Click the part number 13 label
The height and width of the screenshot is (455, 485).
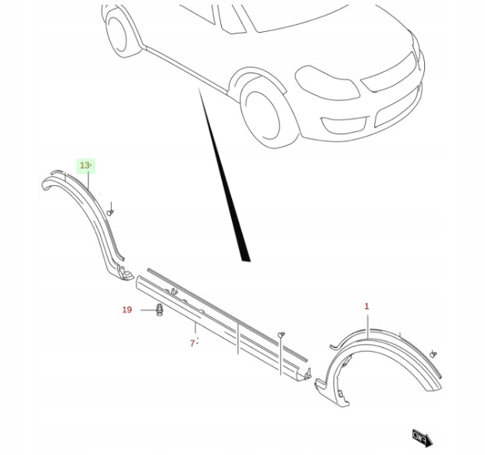84,165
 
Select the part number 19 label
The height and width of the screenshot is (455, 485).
127,310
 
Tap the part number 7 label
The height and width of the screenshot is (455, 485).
192,343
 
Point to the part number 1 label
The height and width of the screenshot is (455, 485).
366,306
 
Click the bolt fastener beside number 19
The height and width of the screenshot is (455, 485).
159,310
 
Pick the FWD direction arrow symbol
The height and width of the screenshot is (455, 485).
423,438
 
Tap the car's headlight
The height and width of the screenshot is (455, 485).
326,82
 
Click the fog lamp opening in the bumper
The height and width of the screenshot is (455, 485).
344,124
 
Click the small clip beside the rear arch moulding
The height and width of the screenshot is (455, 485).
110,212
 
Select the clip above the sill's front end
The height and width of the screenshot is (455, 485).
281,334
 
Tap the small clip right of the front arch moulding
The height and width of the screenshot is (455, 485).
433,354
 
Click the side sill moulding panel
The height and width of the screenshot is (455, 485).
223,325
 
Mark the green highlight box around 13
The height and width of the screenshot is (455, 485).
86,166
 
